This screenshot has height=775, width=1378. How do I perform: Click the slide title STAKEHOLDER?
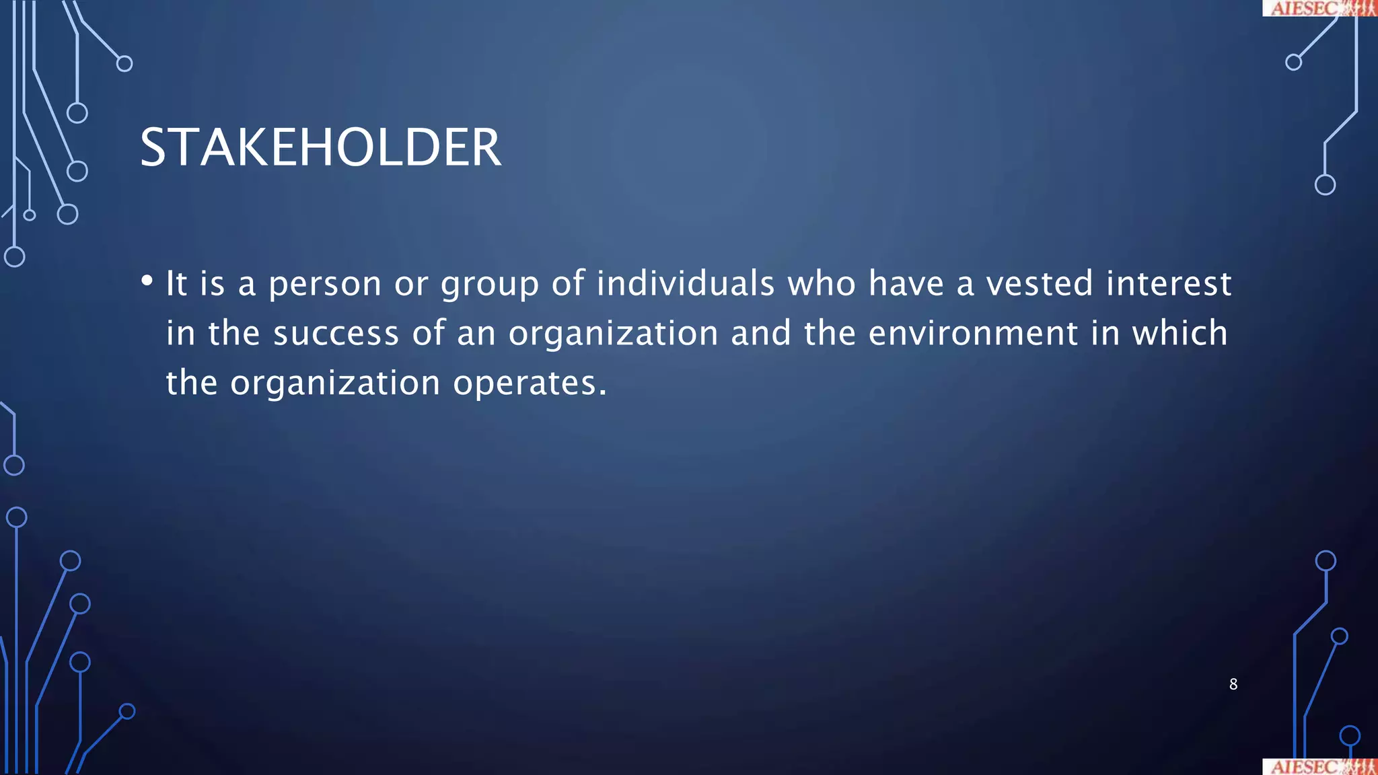pos(320,147)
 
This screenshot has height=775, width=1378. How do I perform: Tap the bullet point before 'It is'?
pos(147,281)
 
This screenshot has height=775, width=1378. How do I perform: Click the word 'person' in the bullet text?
pos(325,284)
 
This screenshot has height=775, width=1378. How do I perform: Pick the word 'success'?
pos(336,333)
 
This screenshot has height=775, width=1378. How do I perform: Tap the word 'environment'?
pos(973,333)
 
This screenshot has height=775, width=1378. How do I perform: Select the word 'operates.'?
pos(530,383)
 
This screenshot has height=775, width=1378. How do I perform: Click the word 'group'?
pos(490,284)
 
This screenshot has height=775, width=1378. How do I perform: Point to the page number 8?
pos(1233,684)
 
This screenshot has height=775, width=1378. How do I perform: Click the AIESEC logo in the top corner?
pos(1319,8)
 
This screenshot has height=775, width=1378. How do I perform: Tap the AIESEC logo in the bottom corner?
pos(1319,767)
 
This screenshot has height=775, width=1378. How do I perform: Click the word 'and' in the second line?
pos(761,333)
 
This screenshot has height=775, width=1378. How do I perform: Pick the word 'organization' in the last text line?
pos(335,383)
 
